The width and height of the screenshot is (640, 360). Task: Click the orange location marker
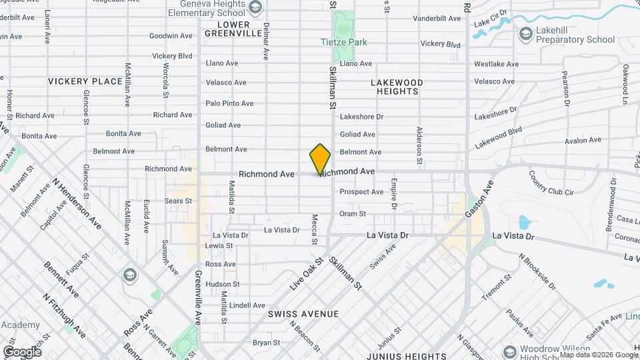coord(320,159)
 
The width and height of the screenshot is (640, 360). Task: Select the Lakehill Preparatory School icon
coord(526,33)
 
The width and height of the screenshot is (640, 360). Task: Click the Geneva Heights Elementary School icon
coord(254,7)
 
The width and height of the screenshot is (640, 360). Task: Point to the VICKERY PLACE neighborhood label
coord(85,81)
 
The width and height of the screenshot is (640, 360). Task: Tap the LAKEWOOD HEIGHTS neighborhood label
coord(397,87)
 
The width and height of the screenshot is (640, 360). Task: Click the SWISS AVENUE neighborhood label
coord(303,313)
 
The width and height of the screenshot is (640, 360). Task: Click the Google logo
coord(22,351)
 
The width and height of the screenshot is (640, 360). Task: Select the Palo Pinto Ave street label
coord(229,103)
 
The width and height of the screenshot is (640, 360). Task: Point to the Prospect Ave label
coord(361,192)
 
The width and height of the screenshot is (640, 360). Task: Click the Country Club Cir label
coord(551,183)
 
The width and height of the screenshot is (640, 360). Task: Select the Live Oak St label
coord(306,274)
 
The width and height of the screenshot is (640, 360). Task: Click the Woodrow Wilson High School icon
coord(510,351)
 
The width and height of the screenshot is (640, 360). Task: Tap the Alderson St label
coord(419,145)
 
